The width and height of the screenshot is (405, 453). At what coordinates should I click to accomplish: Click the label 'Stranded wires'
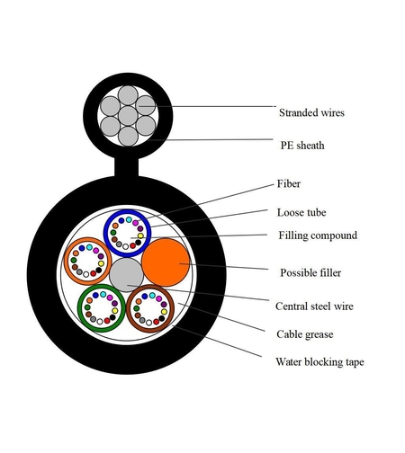point(311,112)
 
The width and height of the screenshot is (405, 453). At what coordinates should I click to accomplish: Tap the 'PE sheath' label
point(302,146)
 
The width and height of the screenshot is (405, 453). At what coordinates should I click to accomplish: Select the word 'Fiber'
point(288,183)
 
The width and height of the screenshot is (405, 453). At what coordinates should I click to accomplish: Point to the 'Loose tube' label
point(301,212)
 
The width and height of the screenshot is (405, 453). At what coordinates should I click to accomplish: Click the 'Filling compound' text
point(318,235)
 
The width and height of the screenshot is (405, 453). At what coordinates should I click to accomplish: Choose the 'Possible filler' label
point(310,272)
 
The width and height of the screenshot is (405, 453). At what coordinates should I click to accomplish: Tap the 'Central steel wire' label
point(314,306)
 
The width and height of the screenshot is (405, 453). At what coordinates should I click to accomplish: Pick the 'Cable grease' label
point(305,334)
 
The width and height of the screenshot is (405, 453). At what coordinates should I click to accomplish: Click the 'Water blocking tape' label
point(319,362)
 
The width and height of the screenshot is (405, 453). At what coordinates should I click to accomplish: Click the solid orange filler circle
point(166,262)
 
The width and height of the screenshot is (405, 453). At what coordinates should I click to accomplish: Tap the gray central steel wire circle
point(126,275)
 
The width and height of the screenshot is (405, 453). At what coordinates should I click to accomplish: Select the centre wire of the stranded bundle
point(128,116)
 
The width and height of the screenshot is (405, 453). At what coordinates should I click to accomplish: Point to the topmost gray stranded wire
point(128,95)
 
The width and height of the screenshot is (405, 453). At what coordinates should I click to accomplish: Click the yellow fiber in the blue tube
point(140,235)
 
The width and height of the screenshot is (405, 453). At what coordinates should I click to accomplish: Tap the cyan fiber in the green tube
point(103,294)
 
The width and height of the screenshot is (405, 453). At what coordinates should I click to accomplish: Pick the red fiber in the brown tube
point(156,322)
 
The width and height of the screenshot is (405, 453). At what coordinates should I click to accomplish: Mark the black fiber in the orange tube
point(99,270)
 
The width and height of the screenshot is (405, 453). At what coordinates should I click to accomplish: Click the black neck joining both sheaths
point(127,167)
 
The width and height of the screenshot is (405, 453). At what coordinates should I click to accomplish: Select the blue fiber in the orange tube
point(82,248)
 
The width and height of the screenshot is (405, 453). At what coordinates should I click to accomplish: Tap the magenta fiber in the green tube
point(110,298)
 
